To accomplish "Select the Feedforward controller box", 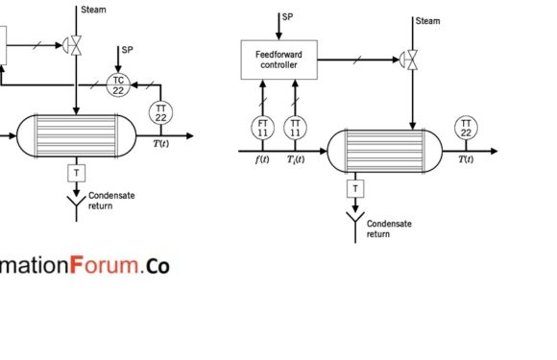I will coord(277,60).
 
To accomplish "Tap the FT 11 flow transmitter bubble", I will coord(262,126).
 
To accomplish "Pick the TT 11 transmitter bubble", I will coord(296,126).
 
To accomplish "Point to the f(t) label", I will coord(261,159).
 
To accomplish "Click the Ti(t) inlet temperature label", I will coord(295,159).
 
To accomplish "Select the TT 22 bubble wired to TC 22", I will coord(159,111).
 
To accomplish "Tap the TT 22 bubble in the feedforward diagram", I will coord(466,126).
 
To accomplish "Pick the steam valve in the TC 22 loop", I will coord(75,43).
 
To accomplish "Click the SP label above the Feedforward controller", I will coord(287,17).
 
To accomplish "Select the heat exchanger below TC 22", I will coord(75,135).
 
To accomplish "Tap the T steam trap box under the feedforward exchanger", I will coord(355,189).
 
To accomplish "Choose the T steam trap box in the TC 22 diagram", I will coord(74,172).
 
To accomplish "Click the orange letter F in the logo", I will coord(82,265).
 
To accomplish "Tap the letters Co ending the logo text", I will coord(157,266).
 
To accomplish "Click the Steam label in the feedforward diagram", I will coord(427,20).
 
